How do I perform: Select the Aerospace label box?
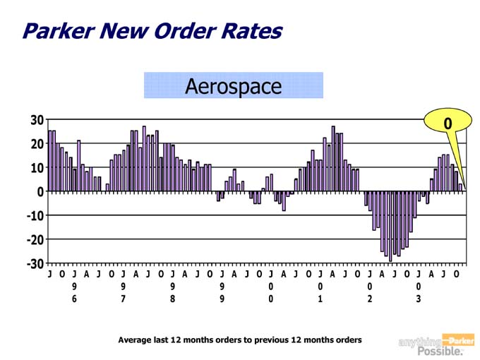tap(233, 86)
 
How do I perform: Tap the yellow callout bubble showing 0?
tap(447, 124)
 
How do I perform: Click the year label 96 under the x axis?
tap(74, 293)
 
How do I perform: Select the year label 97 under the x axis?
tap(123, 293)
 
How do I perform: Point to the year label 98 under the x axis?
tap(172, 293)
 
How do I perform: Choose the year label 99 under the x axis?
tap(222, 293)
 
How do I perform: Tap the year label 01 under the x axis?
tap(320, 293)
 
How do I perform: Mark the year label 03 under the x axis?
tap(419, 293)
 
